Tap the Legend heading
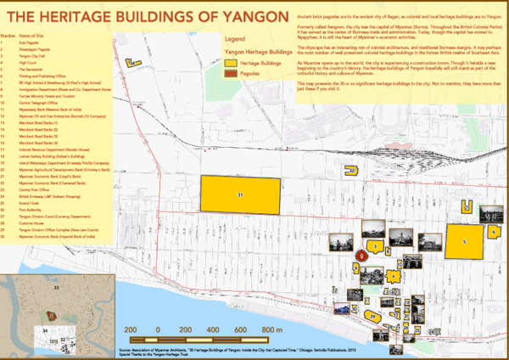[235, 39]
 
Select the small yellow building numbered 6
[493, 230]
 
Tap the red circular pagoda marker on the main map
[361, 253]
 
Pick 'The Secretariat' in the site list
[31, 73]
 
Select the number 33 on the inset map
[57, 290]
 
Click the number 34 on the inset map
[45, 329]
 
